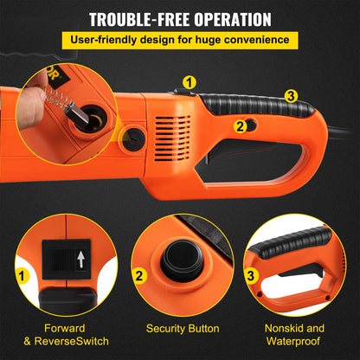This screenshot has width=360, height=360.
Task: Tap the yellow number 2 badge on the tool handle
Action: pyautogui.click(x=240, y=126)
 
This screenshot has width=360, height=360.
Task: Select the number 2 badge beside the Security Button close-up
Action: pyautogui.click(x=138, y=277)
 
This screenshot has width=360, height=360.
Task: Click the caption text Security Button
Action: pyautogui.click(x=179, y=329)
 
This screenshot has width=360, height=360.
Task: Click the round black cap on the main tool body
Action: pyautogui.click(x=135, y=139)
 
